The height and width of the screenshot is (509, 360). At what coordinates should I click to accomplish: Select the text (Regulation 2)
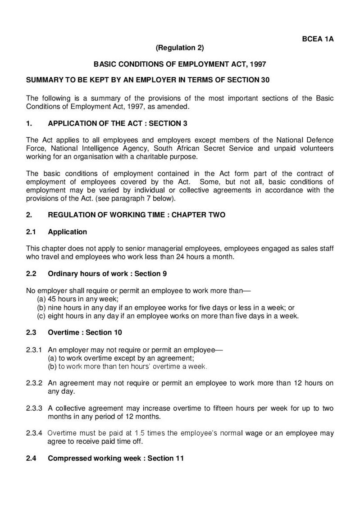tap(180, 47)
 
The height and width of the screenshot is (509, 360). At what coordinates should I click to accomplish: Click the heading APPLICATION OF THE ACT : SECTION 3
tap(117, 123)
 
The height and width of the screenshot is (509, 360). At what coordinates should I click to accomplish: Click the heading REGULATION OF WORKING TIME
tap(112, 215)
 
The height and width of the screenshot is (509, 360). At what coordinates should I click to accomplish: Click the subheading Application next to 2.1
tap(67, 232)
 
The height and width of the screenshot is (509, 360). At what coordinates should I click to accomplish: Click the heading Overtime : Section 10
tap(85, 333)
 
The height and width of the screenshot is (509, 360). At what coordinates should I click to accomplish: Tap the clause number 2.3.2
tap(35, 383)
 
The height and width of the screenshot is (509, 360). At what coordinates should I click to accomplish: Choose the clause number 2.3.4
tap(35, 433)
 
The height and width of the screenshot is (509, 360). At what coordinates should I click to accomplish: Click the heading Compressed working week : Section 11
tap(116, 459)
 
